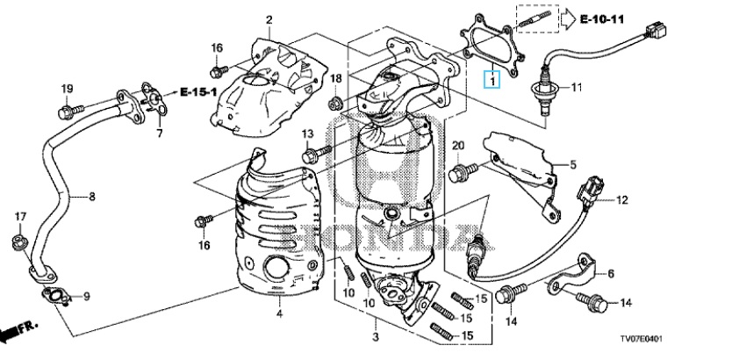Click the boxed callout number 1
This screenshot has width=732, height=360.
(493, 82)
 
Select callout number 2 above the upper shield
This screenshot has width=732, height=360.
(269, 20)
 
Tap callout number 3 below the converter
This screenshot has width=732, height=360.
(375, 336)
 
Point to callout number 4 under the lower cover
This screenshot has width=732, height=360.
(279, 313)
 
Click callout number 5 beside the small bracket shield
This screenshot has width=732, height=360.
(571, 163)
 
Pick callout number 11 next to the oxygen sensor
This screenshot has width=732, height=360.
(577, 88)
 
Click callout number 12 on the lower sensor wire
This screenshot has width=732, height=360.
(622, 201)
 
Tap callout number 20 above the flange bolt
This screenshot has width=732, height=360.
(457, 144)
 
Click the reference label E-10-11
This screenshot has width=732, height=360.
(601, 18)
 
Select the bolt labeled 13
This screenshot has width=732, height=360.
(313, 155)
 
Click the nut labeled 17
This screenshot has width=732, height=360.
(18, 241)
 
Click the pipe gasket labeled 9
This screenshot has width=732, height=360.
(56, 298)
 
